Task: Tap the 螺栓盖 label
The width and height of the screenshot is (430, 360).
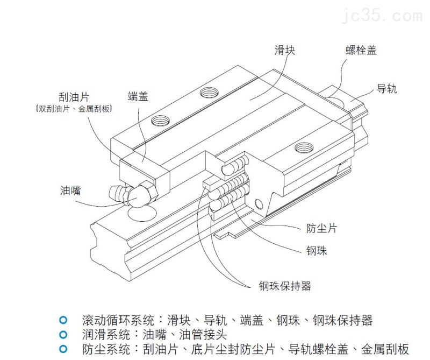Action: pyautogui.click(x=361, y=51)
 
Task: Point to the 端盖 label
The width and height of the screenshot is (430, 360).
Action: pyautogui.click(x=138, y=96)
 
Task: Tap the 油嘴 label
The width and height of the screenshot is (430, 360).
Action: pyautogui.click(x=71, y=190)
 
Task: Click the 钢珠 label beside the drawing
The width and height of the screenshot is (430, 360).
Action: pyautogui.click(x=317, y=251)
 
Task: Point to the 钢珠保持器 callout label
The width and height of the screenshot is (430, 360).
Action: pyautogui.click(x=284, y=286)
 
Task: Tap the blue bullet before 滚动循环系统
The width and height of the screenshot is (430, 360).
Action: pyautogui.click(x=63, y=320)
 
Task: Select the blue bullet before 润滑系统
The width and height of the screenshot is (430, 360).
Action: pyautogui.click(x=63, y=334)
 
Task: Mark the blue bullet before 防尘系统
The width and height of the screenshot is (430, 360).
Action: pyautogui.click(x=63, y=348)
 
